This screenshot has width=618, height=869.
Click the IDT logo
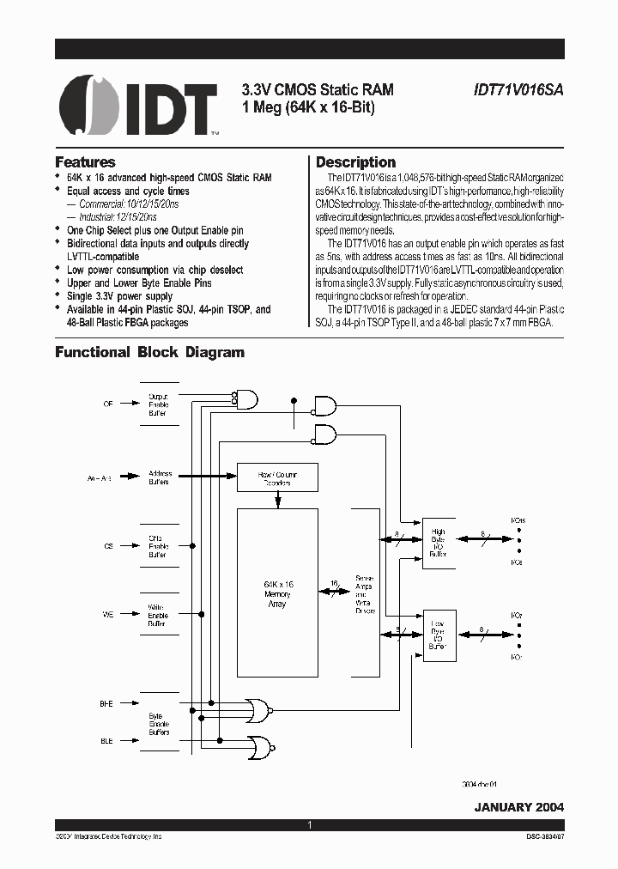(137, 106)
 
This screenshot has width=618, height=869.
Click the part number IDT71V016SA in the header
(518, 88)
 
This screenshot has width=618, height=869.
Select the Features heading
(85, 162)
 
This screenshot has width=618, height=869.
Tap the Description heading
(355, 162)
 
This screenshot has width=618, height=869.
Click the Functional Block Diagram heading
(149, 352)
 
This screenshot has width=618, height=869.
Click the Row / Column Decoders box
(276, 477)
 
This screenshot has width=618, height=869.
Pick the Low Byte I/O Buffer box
(439, 635)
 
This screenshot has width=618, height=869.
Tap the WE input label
(107, 613)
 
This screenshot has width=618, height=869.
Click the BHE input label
(106, 703)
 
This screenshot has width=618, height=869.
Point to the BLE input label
(106, 740)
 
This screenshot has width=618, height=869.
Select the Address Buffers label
(160, 477)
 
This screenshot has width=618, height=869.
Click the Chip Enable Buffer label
(157, 546)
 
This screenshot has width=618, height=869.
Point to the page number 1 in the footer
(309, 825)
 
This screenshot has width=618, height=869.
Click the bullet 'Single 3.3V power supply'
(119, 296)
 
